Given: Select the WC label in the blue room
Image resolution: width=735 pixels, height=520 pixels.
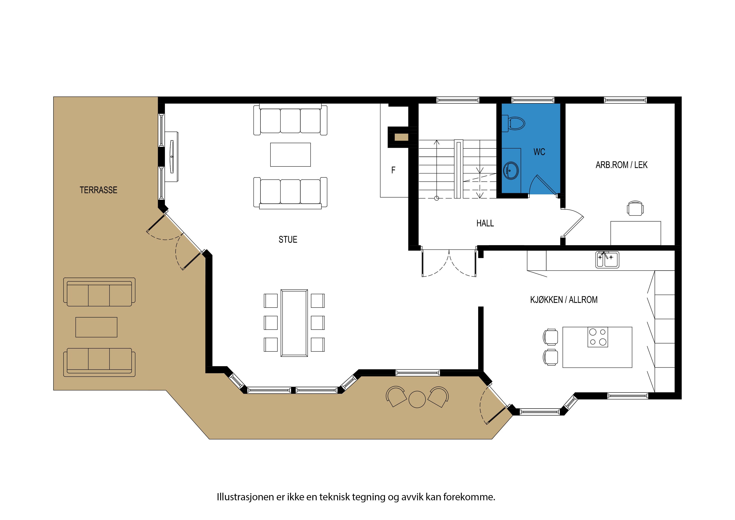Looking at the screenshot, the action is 539,152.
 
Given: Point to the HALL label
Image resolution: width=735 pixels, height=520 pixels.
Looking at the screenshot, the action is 485,223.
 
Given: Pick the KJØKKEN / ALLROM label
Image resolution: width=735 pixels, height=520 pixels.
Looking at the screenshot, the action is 564,300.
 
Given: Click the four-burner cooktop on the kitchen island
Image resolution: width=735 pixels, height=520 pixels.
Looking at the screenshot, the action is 598,337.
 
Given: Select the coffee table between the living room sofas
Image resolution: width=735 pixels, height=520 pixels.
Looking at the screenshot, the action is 290,155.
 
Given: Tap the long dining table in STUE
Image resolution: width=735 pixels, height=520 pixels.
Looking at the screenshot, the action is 294,323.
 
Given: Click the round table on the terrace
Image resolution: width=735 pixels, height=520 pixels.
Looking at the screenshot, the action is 417,399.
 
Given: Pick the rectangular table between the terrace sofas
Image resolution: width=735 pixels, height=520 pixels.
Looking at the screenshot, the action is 96,327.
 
